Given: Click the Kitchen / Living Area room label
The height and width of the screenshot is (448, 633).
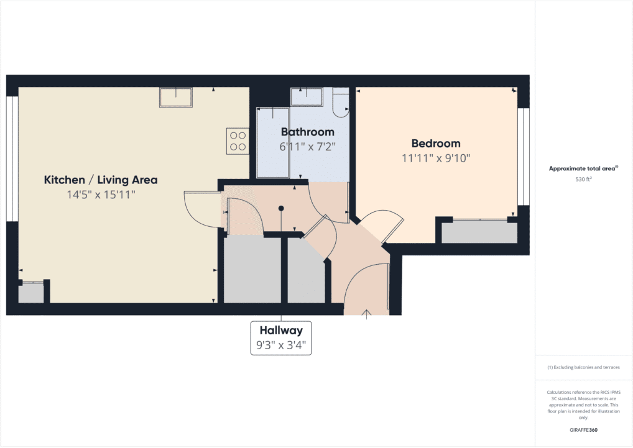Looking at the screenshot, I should tap(101, 180).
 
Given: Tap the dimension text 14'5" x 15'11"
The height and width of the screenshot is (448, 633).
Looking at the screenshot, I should tap(101, 195).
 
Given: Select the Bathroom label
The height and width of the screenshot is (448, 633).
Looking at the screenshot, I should tap(308, 132).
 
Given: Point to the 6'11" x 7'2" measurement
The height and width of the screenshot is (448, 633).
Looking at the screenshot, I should tap(308, 147).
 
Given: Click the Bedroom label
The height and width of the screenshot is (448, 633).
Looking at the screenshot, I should tap(436, 144).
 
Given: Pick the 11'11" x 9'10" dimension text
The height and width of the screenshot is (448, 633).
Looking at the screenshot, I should tap(436, 158).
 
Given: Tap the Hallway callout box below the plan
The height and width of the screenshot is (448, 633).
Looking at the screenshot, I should tap(281, 337).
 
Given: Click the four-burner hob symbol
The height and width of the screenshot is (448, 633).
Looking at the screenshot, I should tap(237, 140).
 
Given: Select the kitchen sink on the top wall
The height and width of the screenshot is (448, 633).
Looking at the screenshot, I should tap(176, 98).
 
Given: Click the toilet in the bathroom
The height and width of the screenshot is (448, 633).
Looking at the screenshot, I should tap(341, 104).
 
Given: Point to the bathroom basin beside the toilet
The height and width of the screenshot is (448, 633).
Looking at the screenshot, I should tap(307, 96).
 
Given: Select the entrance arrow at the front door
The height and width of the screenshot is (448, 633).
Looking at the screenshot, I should tap(367, 313).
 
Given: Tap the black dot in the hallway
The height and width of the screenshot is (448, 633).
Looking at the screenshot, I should tap(281, 208).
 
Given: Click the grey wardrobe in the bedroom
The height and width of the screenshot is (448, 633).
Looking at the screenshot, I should tap(479, 232).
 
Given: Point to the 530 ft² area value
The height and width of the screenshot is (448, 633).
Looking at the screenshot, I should tap(583, 180).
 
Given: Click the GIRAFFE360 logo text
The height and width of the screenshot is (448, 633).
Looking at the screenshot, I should tap(583, 430).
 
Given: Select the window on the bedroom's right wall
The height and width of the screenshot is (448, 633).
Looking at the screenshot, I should tap(523, 157).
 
